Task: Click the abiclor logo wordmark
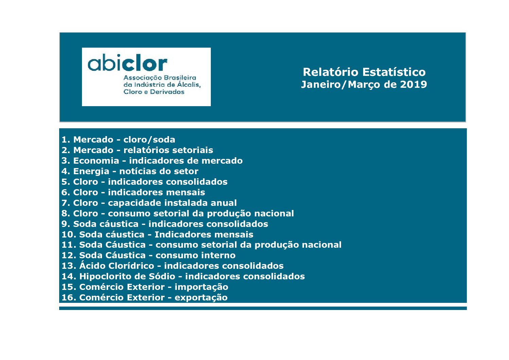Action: (128, 62)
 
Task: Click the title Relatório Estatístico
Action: (364, 72)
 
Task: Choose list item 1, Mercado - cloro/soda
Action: (118, 140)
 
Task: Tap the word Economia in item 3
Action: (96, 161)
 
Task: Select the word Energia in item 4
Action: (91, 171)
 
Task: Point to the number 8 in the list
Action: (65, 214)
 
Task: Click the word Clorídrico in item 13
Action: (131, 266)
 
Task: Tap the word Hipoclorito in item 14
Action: (104, 277)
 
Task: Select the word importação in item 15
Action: (201, 287)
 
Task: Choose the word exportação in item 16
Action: (201, 298)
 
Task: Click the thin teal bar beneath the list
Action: (263, 308)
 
